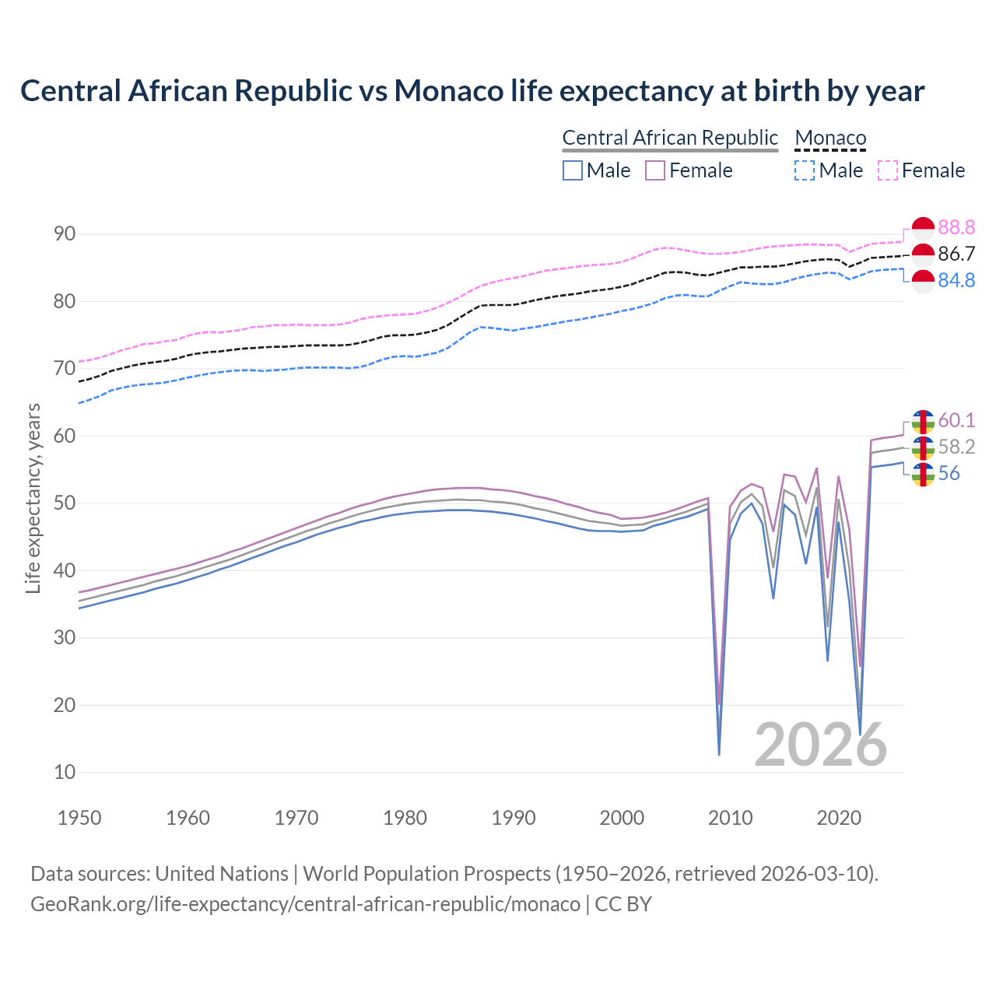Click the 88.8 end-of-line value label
(x=956, y=227)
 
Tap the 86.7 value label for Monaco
(x=956, y=254)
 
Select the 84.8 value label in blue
(x=956, y=280)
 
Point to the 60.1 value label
(x=956, y=420)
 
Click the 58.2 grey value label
(x=956, y=447)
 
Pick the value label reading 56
(x=949, y=473)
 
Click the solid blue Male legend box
(x=573, y=170)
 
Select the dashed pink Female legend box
(x=888, y=170)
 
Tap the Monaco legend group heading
(x=830, y=138)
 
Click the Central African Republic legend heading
(x=670, y=138)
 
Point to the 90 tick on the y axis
(x=65, y=234)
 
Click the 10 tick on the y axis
(x=65, y=773)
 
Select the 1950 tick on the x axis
(x=79, y=818)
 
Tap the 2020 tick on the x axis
(x=839, y=818)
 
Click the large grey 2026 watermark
(x=821, y=745)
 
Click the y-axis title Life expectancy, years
(x=33, y=498)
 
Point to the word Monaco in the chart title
(x=448, y=91)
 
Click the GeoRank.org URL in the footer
(x=305, y=904)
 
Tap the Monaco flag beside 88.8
(x=923, y=228)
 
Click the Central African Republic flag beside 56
(x=923, y=474)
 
